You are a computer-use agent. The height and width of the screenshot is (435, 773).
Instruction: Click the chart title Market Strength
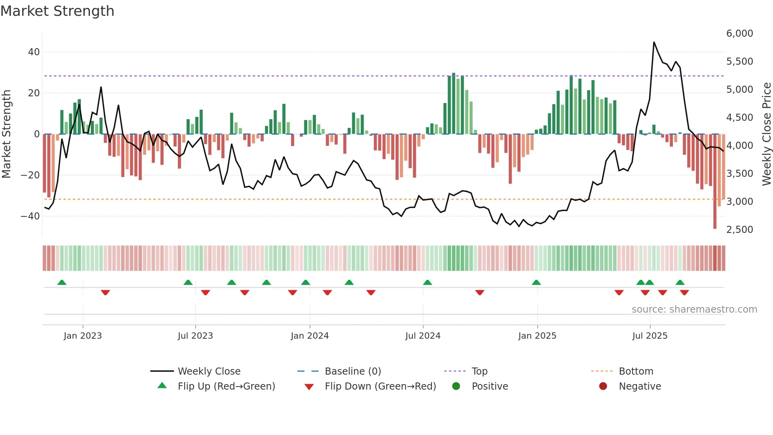57,11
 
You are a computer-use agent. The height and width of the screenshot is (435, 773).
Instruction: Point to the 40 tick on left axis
34,52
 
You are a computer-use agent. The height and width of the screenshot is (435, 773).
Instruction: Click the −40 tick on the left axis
30,216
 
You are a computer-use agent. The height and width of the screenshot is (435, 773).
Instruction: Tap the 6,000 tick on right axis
739,34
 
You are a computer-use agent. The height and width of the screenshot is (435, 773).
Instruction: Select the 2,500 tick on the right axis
739,230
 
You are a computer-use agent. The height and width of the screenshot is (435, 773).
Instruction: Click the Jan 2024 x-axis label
310,336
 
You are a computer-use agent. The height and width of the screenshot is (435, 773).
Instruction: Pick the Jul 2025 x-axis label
650,336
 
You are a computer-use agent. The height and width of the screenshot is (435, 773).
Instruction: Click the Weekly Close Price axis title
766,134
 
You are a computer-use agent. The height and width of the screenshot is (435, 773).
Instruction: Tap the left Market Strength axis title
6,134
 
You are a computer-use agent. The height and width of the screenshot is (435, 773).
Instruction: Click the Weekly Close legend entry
209,371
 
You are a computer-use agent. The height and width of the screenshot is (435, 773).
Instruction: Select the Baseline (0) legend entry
353,371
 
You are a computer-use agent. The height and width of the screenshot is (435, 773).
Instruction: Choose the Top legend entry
479,371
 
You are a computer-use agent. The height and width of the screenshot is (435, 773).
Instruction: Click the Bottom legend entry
636,371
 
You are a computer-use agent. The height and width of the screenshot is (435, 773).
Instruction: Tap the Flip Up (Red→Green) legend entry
226,386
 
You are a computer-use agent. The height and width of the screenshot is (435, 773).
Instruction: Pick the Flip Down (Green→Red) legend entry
380,386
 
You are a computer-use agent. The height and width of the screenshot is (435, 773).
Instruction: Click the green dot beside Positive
456,386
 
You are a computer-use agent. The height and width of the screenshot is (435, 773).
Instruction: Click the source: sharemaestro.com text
694,309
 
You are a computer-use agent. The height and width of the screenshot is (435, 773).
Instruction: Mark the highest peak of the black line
654,42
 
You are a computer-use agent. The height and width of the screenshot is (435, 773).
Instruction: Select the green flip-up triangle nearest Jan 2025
536,283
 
